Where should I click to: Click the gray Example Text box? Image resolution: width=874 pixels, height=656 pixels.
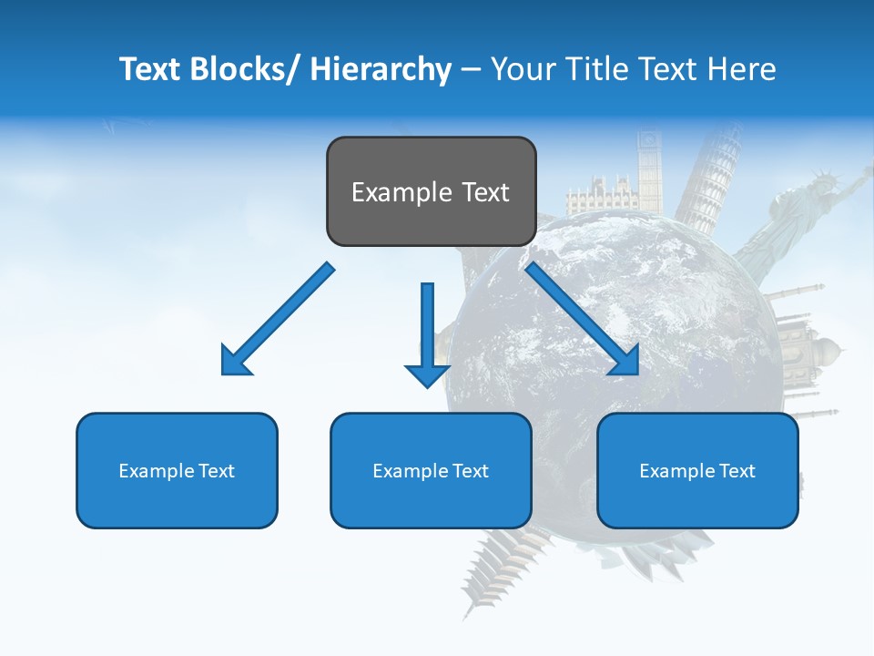pos(431,191)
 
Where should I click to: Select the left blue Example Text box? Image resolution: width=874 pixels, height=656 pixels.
pos(177,470)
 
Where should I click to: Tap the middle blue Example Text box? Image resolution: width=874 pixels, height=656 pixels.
pos(431,470)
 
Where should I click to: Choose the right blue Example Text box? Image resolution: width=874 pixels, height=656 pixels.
pos(697,470)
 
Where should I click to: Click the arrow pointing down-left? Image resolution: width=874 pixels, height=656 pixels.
pos(278,319)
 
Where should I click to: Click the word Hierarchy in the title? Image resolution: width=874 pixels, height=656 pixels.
pos(381,69)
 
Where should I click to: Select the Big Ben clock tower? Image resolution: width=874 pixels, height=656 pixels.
pos(649,169)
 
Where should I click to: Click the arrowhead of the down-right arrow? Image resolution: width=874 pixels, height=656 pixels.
pos(624,360)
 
